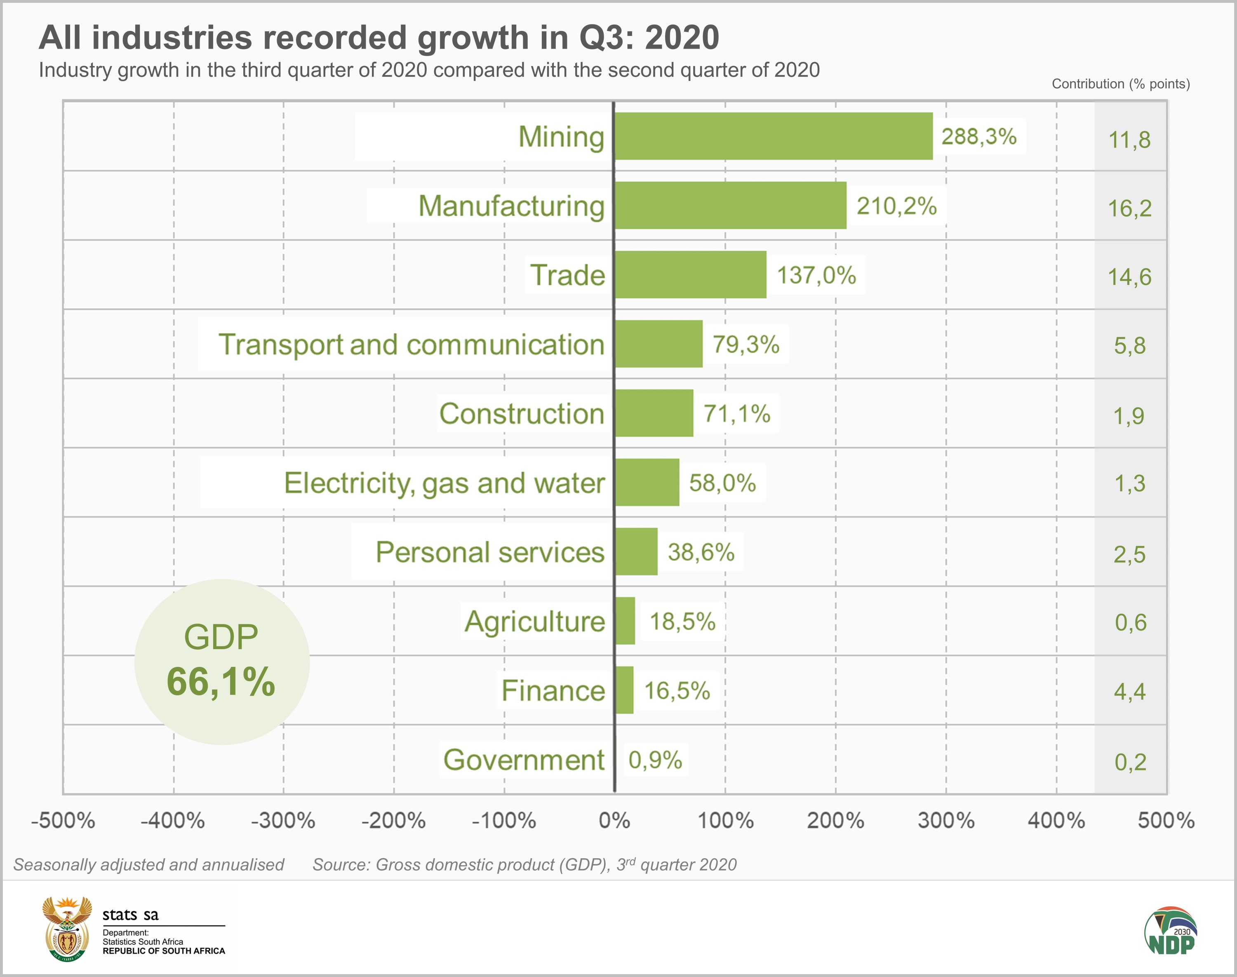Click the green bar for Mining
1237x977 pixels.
coord(773,136)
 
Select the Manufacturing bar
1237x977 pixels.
coord(730,205)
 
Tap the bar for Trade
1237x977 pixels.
coord(690,275)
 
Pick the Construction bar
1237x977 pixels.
coord(654,413)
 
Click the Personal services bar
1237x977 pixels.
coord(636,551)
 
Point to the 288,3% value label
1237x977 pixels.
coord(979,136)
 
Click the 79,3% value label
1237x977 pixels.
coord(746,344)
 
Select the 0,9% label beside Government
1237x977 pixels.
coord(655,760)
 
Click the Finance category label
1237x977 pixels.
coord(553,690)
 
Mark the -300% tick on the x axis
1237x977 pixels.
coord(283,820)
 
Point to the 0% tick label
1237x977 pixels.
coord(614,820)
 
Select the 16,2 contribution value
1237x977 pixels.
coord(1129,208)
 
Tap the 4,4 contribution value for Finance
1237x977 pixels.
coord(1129,692)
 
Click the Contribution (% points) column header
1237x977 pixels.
coord(1120,84)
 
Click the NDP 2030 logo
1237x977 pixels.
coord(1171,931)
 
